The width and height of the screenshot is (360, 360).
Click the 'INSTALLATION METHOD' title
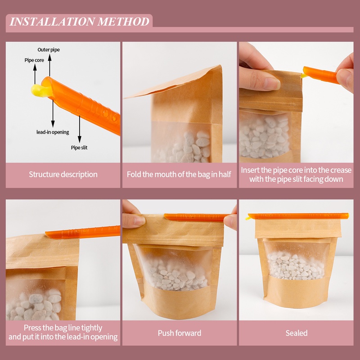tap(80, 22)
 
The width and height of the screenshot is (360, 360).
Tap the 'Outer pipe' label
tap(49, 50)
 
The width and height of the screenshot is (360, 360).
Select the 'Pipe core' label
tap(34, 60)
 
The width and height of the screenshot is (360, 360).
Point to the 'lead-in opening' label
tap(53, 132)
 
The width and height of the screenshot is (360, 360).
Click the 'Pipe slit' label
tap(79, 148)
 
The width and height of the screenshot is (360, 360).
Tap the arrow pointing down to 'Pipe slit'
tap(80, 129)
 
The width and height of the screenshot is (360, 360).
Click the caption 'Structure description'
tap(63, 175)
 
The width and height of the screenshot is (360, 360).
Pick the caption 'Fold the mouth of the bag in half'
tap(179, 175)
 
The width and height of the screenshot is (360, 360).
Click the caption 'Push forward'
tap(180, 333)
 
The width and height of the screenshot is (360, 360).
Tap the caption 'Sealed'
tap(297, 333)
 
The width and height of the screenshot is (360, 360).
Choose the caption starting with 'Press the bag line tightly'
tap(63, 332)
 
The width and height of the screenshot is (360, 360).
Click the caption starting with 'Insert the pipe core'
tap(296, 175)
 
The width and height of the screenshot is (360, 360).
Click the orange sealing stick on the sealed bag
tap(298, 216)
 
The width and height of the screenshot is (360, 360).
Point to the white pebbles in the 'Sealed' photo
tap(295, 267)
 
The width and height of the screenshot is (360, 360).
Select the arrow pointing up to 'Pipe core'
tap(35, 74)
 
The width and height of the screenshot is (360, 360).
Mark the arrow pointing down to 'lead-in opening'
tap(53, 113)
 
